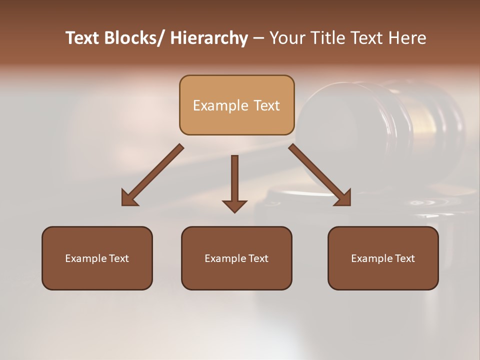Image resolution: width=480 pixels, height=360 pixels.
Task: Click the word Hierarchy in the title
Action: (209, 38)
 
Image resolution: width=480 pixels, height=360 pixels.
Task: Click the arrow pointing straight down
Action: (234, 180)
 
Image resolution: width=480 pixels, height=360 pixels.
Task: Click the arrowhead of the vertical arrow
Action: (234, 205)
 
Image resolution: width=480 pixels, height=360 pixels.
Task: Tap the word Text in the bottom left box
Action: (118, 258)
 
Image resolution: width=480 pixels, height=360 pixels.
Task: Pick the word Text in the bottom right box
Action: (404, 258)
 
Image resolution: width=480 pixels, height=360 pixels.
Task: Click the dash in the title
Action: (258, 38)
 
